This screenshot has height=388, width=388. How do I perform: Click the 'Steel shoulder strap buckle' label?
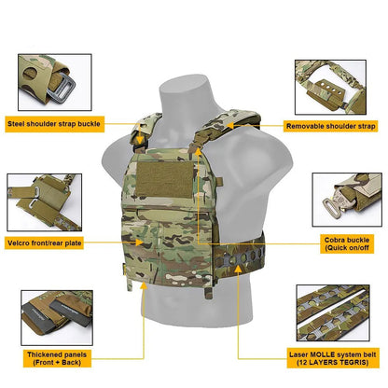coord(66,122)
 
